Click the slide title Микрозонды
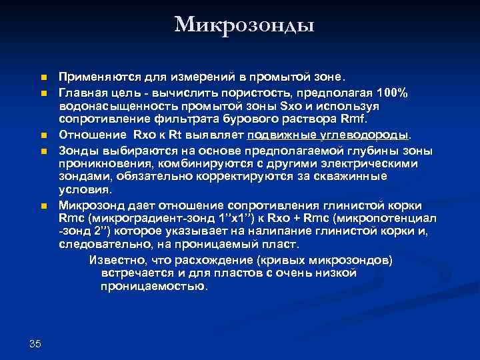coord(244,25)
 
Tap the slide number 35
coord(35,343)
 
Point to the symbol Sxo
coord(293,106)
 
